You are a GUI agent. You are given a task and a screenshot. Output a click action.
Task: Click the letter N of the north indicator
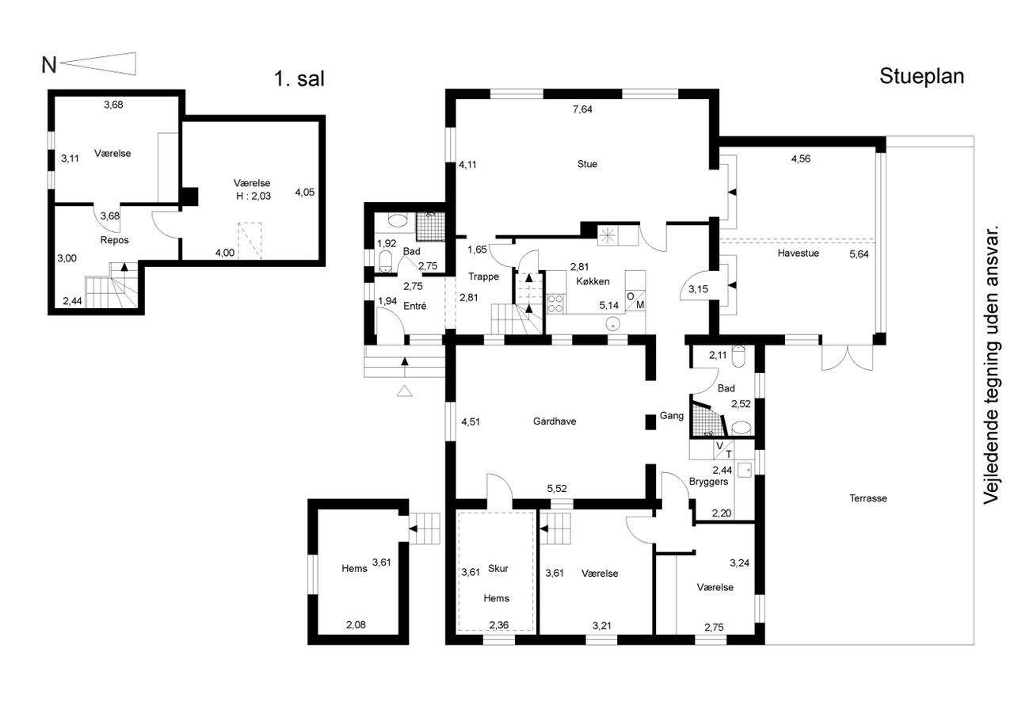tap(49, 65)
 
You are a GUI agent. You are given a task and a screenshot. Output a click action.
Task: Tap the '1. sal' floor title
tap(299, 78)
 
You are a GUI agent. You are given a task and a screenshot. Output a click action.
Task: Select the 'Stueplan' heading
tap(921, 77)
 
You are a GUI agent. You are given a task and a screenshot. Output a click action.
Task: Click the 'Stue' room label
tap(587, 164)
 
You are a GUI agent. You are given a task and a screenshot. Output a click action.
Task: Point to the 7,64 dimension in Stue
tap(582, 109)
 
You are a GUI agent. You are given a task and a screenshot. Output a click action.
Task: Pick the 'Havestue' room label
tap(798, 253)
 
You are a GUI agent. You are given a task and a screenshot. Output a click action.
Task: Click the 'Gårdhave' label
tap(555, 421)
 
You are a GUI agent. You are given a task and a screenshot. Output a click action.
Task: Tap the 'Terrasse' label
tap(867, 498)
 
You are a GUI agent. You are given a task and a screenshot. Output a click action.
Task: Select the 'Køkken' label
tap(593, 281)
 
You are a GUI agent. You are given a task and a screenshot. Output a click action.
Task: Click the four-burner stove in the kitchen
tap(555, 303)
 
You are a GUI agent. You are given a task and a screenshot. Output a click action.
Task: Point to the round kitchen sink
tap(612, 324)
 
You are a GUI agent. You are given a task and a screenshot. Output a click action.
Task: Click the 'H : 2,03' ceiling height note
tap(253, 196)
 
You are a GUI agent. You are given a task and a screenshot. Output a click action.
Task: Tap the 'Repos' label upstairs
tap(115, 240)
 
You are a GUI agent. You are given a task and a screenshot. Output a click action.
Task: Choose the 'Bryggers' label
tap(708, 482)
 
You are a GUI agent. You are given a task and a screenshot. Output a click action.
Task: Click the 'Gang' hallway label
tap(671, 415)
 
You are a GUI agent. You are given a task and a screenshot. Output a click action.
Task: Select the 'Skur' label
tap(498, 568)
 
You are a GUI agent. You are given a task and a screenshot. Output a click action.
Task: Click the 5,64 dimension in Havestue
tap(859, 254)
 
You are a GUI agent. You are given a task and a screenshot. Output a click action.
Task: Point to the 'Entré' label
tap(414, 306)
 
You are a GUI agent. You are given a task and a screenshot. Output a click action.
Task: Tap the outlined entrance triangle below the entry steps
tap(405, 391)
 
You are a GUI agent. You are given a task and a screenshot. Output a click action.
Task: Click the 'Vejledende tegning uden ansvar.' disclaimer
tap(991, 364)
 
